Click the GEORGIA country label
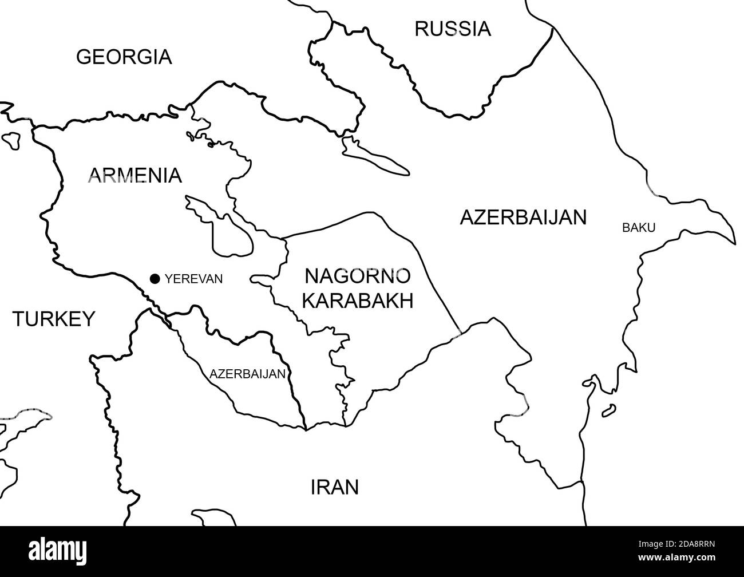(x=124, y=57)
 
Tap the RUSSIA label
(x=452, y=28)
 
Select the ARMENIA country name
(x=134, y=175)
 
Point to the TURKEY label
(x=54, y=319)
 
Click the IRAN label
(x=334, y=487)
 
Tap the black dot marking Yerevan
(x=155, y=279)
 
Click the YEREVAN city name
(x=193, y=279)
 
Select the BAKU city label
(x=638, y=228)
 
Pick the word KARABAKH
(x=357, y=301)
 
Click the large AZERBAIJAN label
(x=523, y=218)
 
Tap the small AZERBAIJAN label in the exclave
(x=247, y=374)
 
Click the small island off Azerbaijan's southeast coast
(x=609, y=409)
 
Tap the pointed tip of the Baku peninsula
(x=734, y=242)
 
